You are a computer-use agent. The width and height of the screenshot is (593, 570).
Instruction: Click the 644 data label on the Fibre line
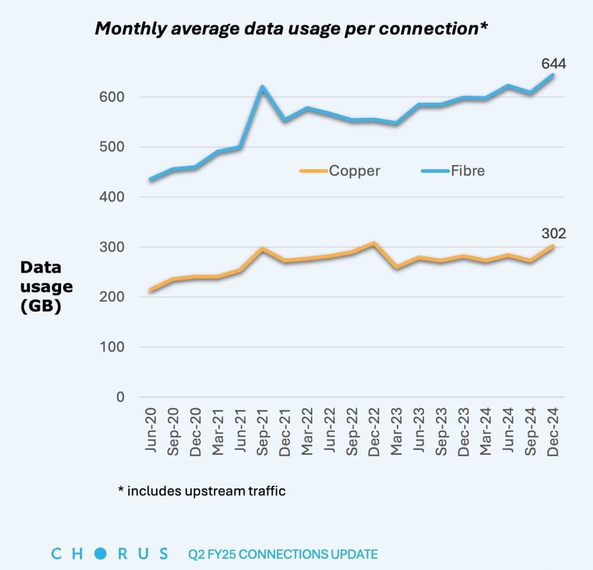tap(553, 63)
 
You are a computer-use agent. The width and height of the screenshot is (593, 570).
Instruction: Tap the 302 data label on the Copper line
tap(553, 233)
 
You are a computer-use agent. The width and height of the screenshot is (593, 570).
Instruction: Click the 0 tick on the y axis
tap(120, 397)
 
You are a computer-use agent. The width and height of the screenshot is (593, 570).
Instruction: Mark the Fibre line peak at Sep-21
tap(262, 87)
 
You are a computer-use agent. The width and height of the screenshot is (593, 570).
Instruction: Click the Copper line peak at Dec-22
tap(374, 243)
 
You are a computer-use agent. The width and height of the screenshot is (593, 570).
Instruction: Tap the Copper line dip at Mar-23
tap(396, 267)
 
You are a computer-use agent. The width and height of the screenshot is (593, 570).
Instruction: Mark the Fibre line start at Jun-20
tap(151, 179)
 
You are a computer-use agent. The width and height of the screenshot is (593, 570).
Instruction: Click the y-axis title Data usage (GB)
tap(46, 287)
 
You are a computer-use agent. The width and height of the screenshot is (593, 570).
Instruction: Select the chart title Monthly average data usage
tap(291, 29)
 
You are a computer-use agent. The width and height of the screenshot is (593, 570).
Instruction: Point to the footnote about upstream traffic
tap(202, 491)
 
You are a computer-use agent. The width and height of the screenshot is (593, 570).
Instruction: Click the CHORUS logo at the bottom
tap(110, 554)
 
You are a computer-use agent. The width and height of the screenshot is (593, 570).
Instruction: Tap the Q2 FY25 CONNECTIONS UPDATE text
tap(282, 555)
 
